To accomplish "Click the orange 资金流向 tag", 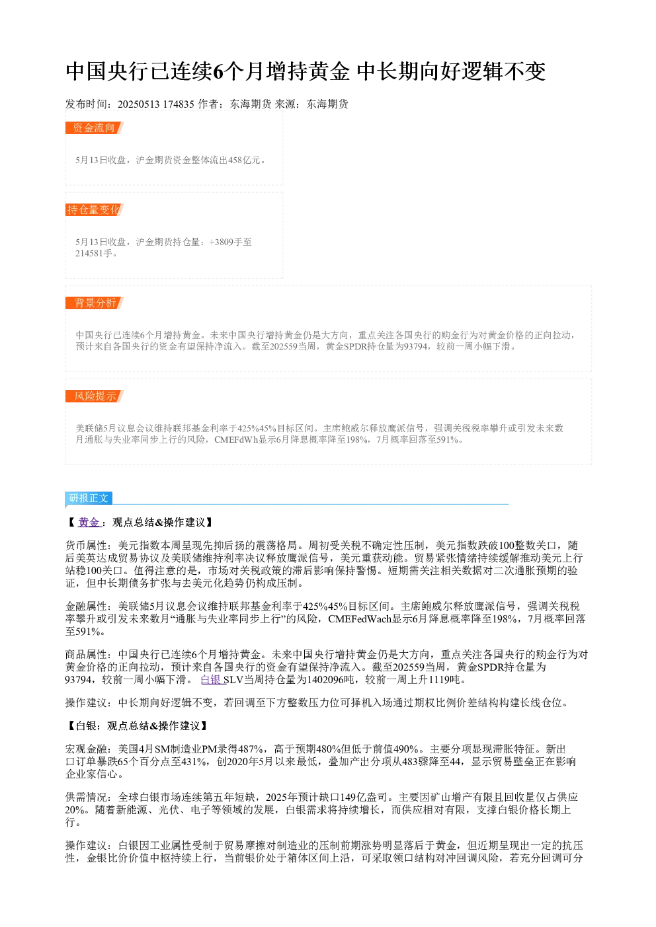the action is point(94,128).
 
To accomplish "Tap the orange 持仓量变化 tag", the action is point(94,210).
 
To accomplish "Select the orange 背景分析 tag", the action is point(94,303).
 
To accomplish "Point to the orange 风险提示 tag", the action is point(94,396).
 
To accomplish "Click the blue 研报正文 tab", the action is point(89,498).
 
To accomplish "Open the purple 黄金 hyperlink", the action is point(89,523).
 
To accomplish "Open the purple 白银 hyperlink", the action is point(212,679).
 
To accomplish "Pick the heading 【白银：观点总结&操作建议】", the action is point(138,726).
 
